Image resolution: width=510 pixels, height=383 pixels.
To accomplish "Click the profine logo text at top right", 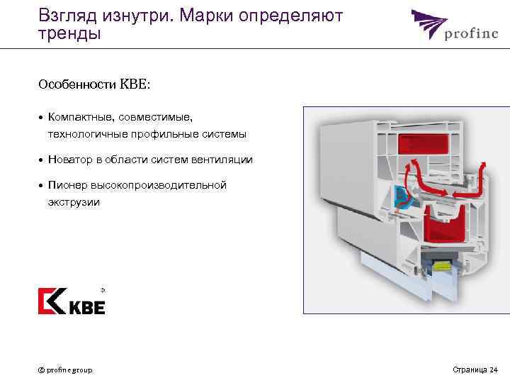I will tap(470, 33).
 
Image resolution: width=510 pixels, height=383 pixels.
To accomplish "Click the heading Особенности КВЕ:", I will tap(95, 84).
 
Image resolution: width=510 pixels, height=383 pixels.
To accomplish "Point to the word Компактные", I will tap(83, 115).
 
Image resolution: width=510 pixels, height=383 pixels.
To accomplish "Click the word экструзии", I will tap(74, 203).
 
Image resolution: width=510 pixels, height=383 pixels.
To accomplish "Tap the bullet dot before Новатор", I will tap(42, 160).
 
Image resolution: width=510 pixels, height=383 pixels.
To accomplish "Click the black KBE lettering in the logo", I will tap(87, 307).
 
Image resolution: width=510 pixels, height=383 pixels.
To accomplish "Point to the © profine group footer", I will tap(64, 370).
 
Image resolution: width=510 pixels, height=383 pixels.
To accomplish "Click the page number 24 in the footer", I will tap(493, 370).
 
